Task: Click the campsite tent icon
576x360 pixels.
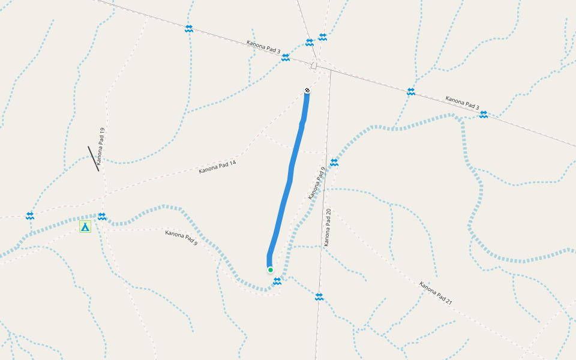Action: click(85, 226)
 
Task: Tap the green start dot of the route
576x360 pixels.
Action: click(271, 270)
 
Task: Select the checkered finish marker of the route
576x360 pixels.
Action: click(307, 91)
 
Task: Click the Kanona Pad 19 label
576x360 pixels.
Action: click(101, 146)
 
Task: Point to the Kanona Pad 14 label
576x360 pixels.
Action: click(217, 167)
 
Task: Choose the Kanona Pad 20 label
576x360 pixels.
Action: click(328, 227)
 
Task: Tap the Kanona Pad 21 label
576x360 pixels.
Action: click(436, 293)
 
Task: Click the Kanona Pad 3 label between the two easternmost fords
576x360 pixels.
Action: click(462, 103)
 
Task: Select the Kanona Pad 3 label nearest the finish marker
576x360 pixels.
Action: click(263, 47)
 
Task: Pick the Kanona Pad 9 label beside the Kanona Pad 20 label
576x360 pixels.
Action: click(316, 183)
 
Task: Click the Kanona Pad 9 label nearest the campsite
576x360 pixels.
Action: click(181, 238)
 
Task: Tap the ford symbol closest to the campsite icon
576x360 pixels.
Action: click(102, 216)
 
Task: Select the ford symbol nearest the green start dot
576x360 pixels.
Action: click(277, 281)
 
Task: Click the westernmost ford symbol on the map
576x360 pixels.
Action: click(30, 215)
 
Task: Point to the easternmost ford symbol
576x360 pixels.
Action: click(483, 114)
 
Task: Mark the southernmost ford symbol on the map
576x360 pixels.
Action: click(319, 296)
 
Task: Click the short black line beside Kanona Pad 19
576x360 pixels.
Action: click(93, 158)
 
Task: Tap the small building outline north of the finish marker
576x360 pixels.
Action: click(314, 65)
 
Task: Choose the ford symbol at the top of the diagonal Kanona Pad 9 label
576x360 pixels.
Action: click(334, 162)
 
